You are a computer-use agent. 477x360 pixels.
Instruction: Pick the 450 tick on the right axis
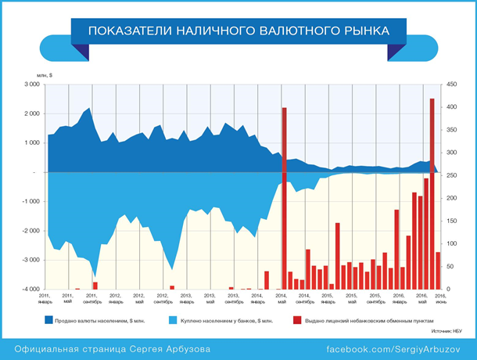[452, 84]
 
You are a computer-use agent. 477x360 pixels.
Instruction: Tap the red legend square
[296, 320]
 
